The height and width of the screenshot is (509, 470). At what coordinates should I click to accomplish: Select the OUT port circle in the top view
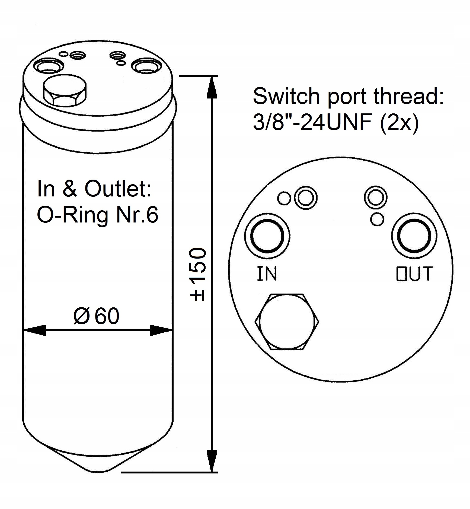(414, 236)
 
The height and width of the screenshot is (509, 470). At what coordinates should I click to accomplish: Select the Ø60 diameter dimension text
(96, 316)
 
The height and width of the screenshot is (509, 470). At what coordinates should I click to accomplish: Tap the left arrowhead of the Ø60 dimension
(34, 330)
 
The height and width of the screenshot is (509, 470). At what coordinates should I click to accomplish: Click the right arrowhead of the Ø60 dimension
(161, 330)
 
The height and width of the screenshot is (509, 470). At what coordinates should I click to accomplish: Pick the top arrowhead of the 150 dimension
(212, 87)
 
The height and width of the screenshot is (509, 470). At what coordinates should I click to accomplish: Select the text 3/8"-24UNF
(312, 123)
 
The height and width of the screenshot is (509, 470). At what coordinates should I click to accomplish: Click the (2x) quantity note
(399, 123)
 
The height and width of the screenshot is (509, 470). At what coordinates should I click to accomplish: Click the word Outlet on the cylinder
(118, 189)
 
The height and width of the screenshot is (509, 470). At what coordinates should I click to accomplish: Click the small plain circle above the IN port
(284, 198)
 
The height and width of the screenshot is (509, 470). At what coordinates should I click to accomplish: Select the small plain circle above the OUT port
(377, 219)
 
